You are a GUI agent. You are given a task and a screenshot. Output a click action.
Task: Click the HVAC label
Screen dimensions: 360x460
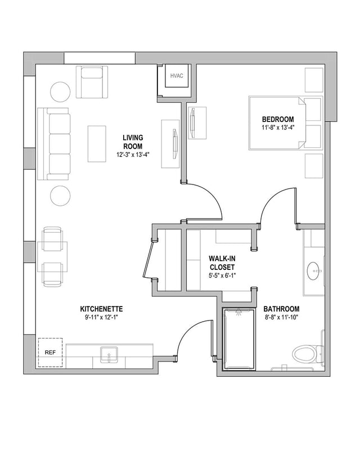click(177, 76)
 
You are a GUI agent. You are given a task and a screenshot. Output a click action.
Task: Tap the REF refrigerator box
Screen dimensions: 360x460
click(50, 353)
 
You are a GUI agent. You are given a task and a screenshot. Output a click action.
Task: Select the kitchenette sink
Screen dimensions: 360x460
click(109, 354)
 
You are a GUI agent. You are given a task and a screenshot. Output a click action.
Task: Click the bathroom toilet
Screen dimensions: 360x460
click(308, 354)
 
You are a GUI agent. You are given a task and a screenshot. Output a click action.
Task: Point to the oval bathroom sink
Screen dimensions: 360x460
click(314, 271)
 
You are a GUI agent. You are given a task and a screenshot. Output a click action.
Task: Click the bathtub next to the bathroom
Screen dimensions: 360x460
click(239, 339)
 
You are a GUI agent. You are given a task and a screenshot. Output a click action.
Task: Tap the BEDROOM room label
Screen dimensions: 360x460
click(278, 119)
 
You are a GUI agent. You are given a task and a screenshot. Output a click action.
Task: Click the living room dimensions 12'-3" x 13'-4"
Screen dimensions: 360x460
click(133, 155)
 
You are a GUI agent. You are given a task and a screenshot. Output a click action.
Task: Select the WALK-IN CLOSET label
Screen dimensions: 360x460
click(222, 263)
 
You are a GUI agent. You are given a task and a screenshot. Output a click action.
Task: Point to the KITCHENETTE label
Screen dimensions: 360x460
click(101, 309)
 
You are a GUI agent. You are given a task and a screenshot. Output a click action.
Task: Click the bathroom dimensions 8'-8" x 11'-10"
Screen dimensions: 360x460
click(281, 317)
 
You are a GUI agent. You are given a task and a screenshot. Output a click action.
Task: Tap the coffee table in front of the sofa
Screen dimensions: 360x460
click(97, 144)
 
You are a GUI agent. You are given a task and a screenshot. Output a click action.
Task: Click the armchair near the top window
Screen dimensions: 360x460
click(92, 82)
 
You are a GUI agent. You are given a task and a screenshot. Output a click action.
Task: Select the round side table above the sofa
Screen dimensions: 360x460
click(60, 92)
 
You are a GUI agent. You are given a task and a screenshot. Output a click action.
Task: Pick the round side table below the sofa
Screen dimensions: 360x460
click(60, 196)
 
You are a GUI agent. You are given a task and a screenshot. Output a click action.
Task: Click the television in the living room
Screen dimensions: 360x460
click(175, 144)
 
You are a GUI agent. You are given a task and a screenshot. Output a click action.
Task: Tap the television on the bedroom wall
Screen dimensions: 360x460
click(192, 123)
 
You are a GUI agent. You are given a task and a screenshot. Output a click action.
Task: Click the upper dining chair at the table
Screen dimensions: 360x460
click(52, 239)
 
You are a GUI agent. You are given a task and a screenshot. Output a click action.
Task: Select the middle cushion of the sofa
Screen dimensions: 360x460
click(60, 144)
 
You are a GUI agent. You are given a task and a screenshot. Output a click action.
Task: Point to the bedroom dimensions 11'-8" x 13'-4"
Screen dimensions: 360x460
click(278, 127)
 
